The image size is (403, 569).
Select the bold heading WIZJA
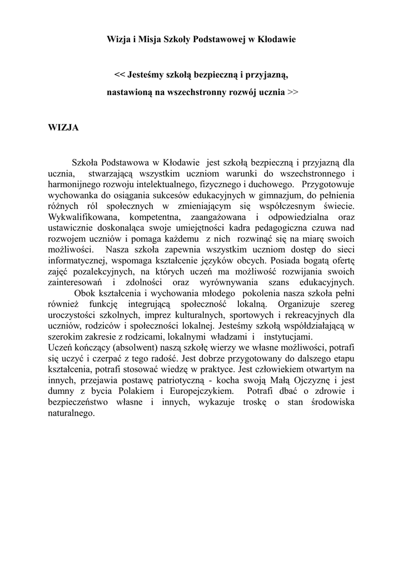[63, 128]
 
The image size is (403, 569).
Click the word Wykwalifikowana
[82, 216]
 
